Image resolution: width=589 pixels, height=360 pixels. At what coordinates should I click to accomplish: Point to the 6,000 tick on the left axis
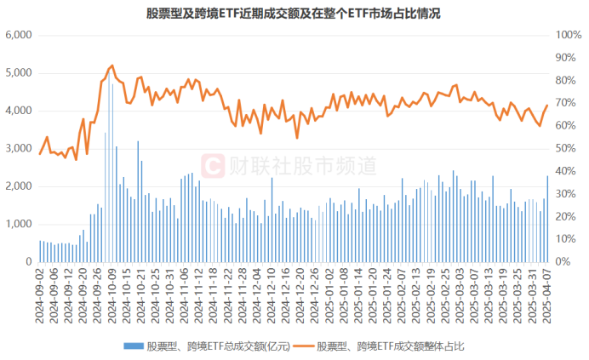tap(18, 36)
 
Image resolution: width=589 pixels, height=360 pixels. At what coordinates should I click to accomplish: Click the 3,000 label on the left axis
tap(18, 149)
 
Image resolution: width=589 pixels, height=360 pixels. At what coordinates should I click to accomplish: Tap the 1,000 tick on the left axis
tap(18, 225)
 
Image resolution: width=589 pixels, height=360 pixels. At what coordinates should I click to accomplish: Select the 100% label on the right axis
tap(567, 36)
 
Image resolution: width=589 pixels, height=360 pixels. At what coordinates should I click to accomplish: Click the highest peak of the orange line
tap(112, 66)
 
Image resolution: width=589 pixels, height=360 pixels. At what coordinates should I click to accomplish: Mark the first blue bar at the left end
tap(39, 251)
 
